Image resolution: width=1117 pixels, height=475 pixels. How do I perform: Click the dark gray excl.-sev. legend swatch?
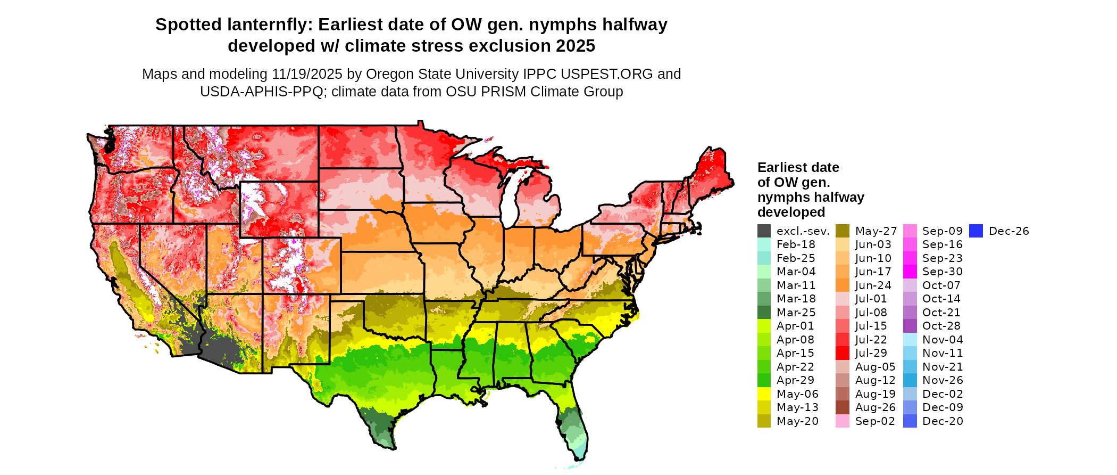click(x=764, y=231)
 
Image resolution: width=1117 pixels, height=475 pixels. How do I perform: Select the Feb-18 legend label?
click(x=796, y=244)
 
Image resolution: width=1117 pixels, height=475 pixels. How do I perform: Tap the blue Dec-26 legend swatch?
click(x=976, y=231)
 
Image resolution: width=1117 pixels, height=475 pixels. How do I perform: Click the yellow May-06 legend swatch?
click(x=764, y=394)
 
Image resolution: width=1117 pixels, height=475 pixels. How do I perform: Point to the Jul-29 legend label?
click(x=871, y=353)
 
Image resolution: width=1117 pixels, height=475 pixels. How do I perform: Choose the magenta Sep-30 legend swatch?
click(x=910, y=272)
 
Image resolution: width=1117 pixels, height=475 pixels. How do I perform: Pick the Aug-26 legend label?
click(x=875, y=407)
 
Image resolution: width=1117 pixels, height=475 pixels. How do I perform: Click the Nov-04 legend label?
click(x=943, y=340)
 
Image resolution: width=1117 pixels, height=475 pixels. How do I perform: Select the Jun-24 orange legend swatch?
click(x=842, y=285)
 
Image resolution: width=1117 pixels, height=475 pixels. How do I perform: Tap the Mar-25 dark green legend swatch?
click(x=764, y=313)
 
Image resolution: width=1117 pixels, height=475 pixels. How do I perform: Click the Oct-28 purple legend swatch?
click(x=910, y=326)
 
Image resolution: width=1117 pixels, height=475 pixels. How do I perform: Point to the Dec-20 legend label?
click(x=943, y=421)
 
